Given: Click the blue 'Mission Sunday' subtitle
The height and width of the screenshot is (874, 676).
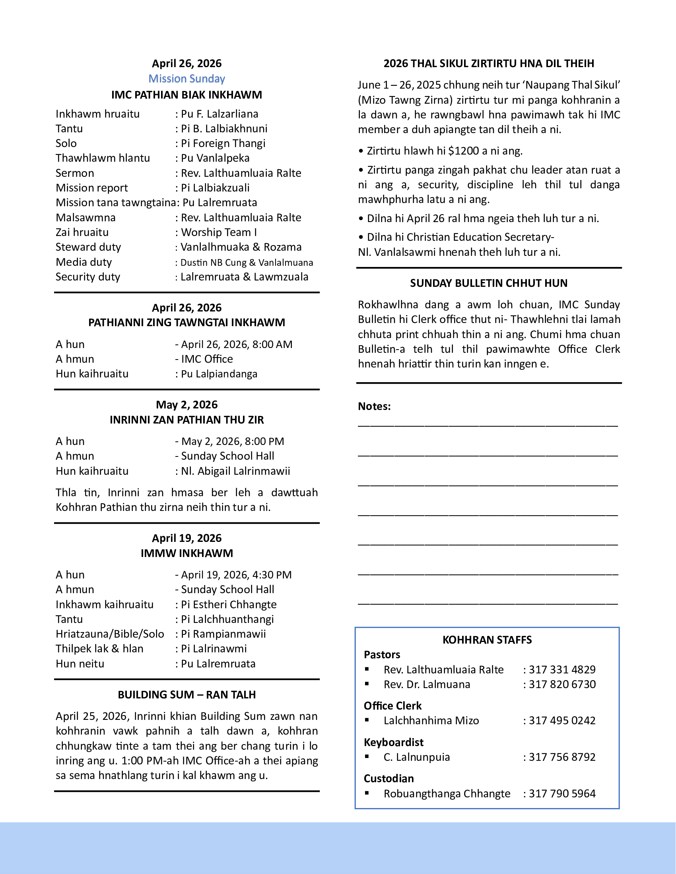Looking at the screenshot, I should pos(186,79).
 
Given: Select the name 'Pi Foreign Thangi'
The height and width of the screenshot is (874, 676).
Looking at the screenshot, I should pos(223,143).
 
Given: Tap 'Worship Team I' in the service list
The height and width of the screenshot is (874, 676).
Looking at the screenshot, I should pos(219,232).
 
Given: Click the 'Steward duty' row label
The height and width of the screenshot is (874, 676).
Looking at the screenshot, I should pos(88,247).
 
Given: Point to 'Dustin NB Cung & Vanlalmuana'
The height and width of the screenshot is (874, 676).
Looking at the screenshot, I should pos(247,263).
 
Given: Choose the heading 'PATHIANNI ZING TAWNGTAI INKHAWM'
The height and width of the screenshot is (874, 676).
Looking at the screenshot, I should pos(186,323).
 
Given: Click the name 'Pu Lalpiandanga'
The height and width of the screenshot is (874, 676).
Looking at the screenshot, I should pos(219,374).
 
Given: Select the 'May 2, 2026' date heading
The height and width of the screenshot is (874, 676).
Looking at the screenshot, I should pos(186,404).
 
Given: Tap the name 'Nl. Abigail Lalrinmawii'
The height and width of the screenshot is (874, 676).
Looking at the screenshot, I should pos(235,471).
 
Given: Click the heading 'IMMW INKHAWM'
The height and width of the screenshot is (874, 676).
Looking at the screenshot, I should pos(186,553).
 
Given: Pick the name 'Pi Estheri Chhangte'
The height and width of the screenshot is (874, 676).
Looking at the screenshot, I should pos(229,604).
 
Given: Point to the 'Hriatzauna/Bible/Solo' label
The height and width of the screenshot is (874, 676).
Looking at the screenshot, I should pos(110,634).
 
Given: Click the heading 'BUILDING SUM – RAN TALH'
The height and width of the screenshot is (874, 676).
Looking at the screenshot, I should pos(186,694).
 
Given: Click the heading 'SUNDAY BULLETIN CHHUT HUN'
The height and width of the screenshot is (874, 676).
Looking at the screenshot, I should pos(489,283).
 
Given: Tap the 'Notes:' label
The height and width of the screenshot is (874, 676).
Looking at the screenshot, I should pos(374,406).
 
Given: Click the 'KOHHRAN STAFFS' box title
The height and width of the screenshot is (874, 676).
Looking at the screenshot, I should pos(487,640).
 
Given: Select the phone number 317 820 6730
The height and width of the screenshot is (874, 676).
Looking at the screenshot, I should pos(562,685).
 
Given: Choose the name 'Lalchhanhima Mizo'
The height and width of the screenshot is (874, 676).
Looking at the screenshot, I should pos(431,721).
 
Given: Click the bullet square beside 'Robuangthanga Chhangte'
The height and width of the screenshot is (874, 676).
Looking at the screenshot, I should pos(367,793).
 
